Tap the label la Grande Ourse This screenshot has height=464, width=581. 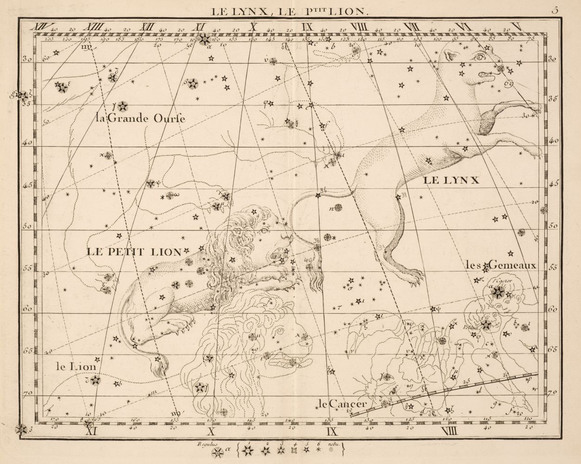pyautogui.click(x=139, y=119)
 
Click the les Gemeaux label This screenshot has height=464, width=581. pyautogui.click(x=501, y=266)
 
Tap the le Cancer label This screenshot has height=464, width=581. pyautogui.click(x=343, y=403)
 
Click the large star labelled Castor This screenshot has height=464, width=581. pyautogui.click(x=499, y=292)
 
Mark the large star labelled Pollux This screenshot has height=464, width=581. pyautogui.click(x=486, y=325)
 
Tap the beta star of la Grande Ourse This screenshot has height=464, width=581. pyautogui.click(x=192, y=84)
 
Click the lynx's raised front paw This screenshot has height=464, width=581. pyautogui.click(x=533, y=108)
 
